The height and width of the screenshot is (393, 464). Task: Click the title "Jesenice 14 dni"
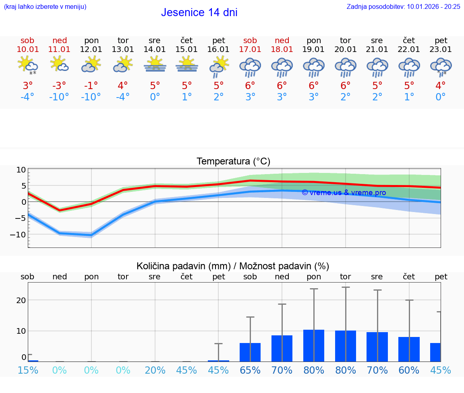point(199,12)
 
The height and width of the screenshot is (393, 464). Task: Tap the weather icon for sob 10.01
point(27,65)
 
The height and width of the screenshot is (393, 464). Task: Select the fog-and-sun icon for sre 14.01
point(155,64)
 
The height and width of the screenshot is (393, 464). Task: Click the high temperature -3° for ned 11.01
point(59,86)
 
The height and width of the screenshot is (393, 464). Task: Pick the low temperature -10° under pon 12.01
point(91,97)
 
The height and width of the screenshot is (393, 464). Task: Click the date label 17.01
point(250,50)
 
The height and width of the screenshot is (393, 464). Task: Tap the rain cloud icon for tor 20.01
point(345,67)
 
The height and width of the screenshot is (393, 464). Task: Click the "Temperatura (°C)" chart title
point(233,162)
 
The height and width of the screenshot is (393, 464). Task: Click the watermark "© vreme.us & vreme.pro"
point(344,193)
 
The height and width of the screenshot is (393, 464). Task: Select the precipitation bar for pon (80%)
point(314,345)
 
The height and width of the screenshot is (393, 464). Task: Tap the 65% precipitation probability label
point(250,370)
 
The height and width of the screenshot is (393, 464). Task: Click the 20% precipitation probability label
point(155,370)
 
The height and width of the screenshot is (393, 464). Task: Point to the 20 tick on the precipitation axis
point(21,300)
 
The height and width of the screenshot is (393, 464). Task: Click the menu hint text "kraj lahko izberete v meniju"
point(45,6)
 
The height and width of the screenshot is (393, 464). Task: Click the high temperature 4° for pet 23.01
point(441,86)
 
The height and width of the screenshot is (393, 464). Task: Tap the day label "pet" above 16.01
point(218,40)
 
